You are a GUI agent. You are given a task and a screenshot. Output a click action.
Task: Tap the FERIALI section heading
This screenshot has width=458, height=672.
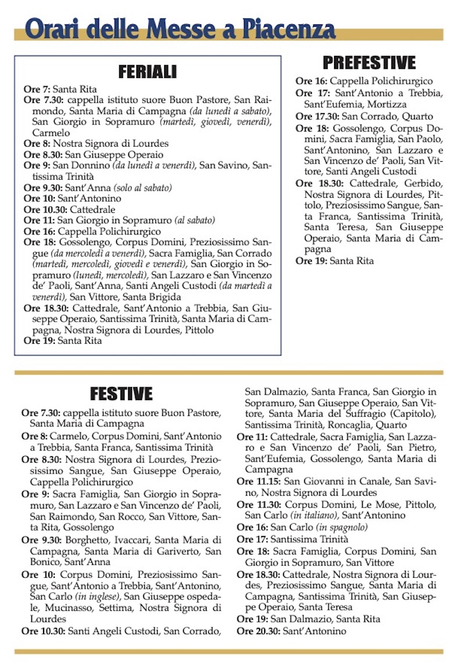click(x=147, y=72)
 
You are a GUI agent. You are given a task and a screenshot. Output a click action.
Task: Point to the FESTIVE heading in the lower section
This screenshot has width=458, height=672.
click(x=121, y=393)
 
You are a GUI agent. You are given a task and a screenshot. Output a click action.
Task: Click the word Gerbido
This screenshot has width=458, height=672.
click(x=423, y=183)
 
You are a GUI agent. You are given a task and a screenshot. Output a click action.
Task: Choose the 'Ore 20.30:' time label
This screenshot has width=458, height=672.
click(x=258, y=631)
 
